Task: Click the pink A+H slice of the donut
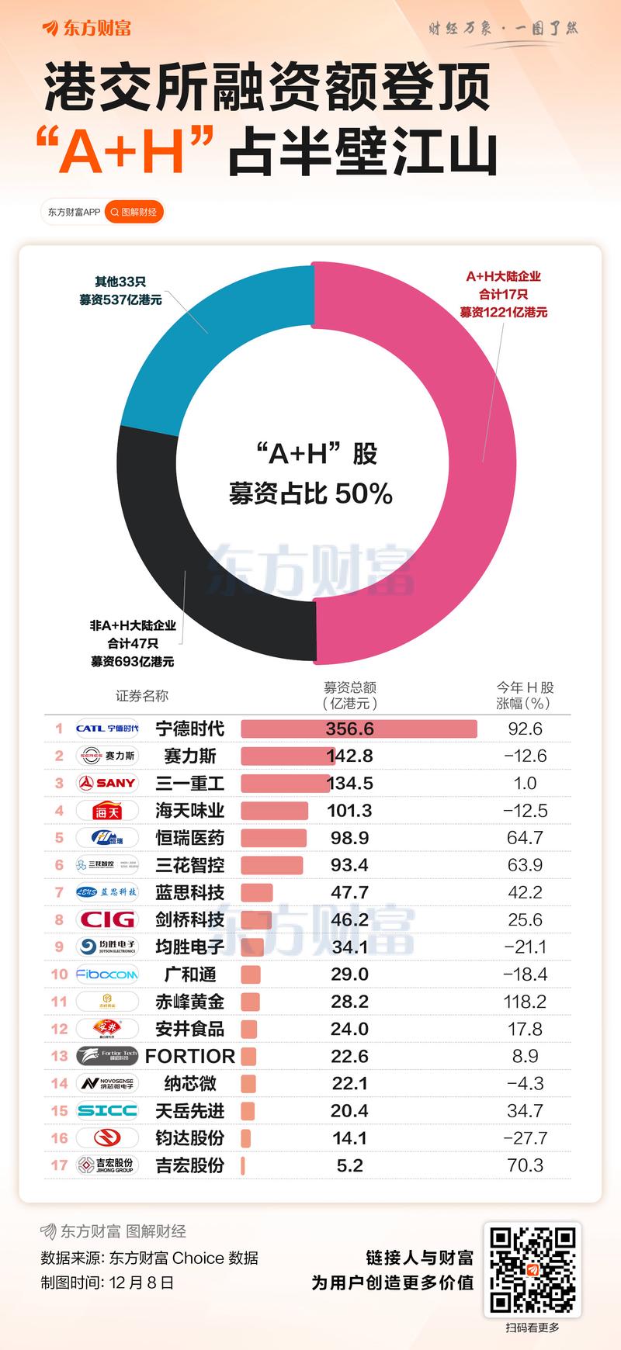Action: [x=481, y=466]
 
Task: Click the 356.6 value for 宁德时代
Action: [x=350, y=729]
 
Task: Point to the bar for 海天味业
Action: [x=274, y=811]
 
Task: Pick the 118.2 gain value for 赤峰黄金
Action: [x=525, y=1002]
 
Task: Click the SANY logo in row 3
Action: [x=107, y=784]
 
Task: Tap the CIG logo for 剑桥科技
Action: [x=107, y=919]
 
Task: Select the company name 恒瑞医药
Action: [x=189, y=838]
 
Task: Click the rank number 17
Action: [x=59, y=1165]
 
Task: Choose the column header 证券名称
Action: [x=141, y=696]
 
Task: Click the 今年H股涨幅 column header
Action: [x=525, y=695]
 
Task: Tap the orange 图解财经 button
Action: [x=134, y=212]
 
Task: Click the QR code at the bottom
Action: [x=533, y=1269]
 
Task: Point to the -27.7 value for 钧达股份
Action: [x=525, y=1138]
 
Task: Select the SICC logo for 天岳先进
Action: [x=107, y=1111]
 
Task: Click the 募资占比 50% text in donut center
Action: [x=310, y=494]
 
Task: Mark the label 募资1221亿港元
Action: [x=503, y=313]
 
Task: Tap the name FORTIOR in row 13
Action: [x=189, y=1056]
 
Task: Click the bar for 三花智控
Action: [x=272, y=865]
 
